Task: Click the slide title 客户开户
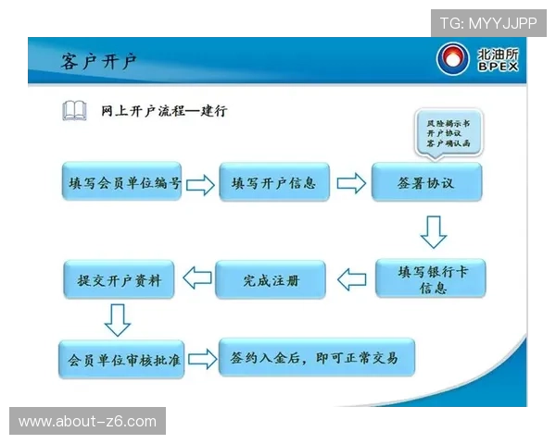[99, 62]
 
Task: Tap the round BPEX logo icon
[452, 59]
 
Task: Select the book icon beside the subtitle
[75, 112]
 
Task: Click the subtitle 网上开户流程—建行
[164, 111]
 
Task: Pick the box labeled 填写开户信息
[273, 183]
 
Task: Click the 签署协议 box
[426, 183]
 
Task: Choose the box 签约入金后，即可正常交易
[314, 357]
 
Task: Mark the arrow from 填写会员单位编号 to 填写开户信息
[200, 184]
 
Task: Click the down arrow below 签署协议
[433, 232]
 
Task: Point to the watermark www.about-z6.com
[88, 422]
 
